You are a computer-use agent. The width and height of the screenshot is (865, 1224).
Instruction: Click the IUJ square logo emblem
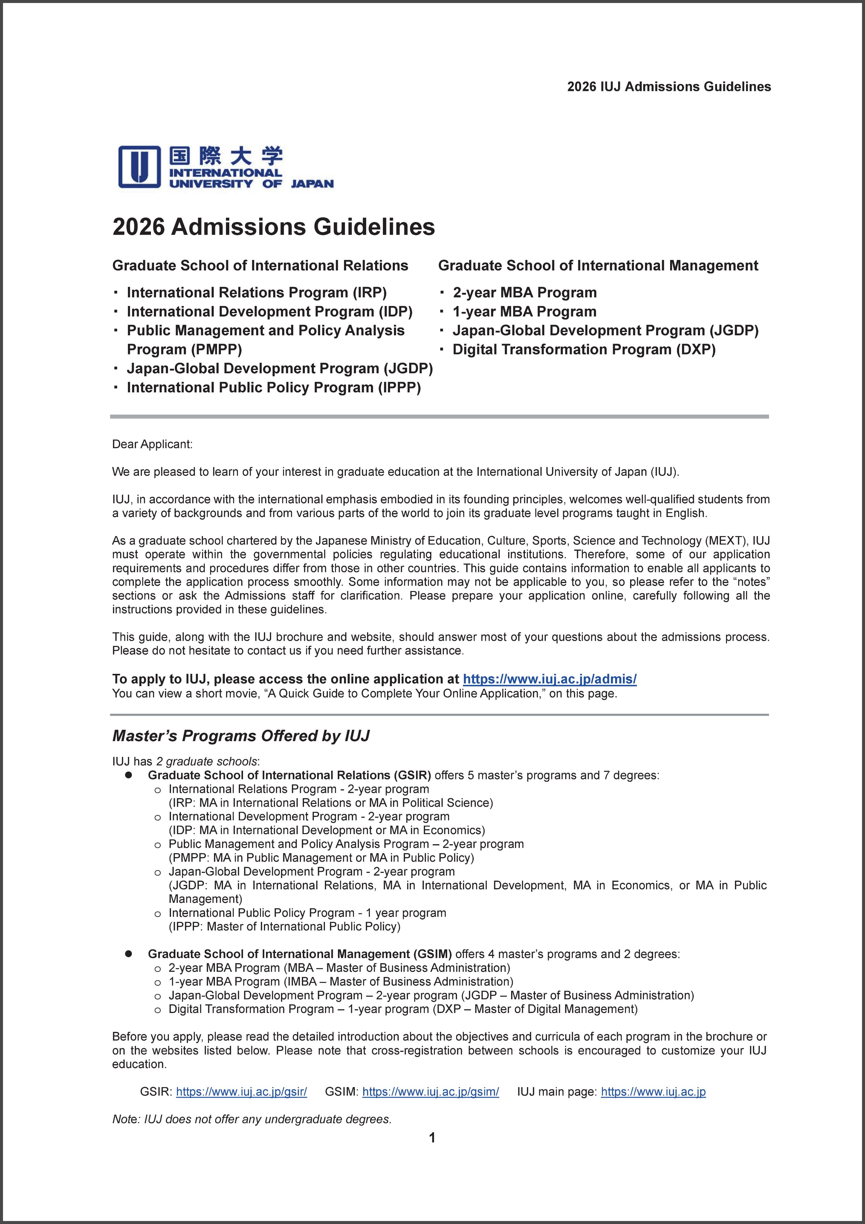[139, 166]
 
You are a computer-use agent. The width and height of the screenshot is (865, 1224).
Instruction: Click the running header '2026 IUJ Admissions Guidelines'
[669, 87]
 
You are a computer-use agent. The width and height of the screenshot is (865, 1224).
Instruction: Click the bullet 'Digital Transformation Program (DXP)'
[584, 350]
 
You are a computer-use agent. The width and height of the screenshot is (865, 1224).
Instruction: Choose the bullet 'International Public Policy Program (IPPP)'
[273, 388]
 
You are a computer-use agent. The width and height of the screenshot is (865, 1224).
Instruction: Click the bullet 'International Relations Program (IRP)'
[256, 293]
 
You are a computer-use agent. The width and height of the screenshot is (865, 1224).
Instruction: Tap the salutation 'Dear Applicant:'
[152, 444]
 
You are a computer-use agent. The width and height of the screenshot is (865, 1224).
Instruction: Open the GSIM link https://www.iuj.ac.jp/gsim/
[430, 1092]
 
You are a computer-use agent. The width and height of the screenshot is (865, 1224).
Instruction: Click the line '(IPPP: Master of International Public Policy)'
[284, 927]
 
